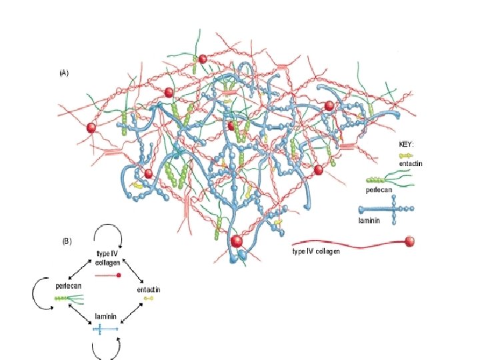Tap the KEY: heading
pos(406,143)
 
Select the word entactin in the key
pos(411,163)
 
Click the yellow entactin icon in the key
pos(405,155)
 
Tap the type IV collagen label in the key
pos(316,251)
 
